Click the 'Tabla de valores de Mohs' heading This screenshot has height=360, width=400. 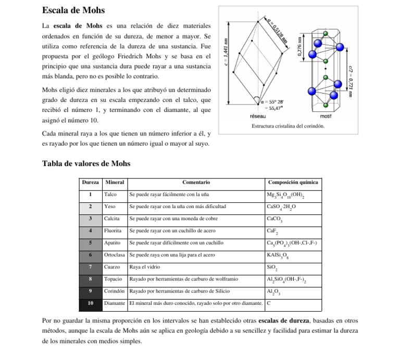(86, 164)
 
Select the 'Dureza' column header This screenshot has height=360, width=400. (90, 183)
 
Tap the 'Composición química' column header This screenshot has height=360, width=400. (292, 183)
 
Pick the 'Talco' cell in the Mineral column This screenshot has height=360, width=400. (110, 195)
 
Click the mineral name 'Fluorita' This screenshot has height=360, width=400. (113, 230)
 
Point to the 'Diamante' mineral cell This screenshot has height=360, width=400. (115, 303)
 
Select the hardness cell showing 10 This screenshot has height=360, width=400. (90, 303)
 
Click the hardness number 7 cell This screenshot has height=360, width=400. (90, 267)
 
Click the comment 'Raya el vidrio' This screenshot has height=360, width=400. (144, 267)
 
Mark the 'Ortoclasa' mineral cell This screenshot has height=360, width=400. (115, 255)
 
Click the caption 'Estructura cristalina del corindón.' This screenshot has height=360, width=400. (288, 126)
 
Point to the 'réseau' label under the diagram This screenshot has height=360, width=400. (259, 117)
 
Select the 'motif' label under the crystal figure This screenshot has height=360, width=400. (326, 117)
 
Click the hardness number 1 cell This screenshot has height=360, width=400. (90, 195)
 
